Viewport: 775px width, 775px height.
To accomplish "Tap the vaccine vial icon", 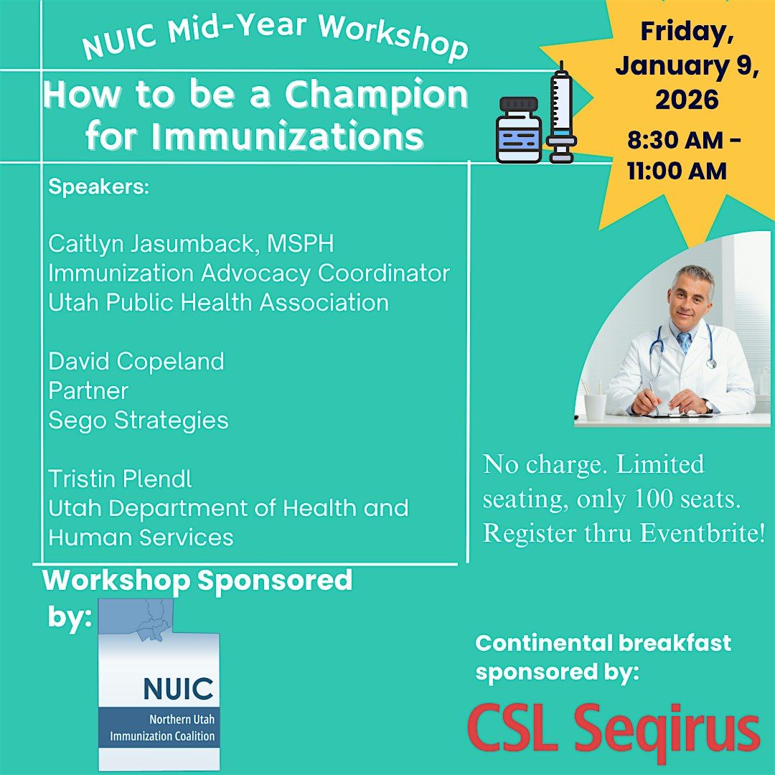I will coord(519,130).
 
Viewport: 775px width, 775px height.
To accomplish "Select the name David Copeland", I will coord(136,361).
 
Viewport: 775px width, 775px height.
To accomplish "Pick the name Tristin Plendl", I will coord(121,479).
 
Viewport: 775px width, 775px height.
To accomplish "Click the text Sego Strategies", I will coord(138,420).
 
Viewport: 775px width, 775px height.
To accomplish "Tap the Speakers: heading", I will coord(99,187).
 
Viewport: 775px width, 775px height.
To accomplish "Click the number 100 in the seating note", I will coord(655,499).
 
